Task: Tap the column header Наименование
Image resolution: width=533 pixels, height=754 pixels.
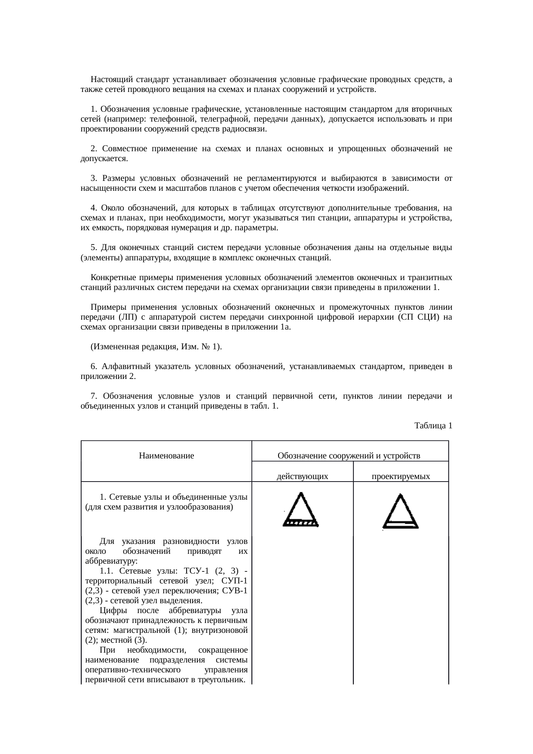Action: [x=166, y=455]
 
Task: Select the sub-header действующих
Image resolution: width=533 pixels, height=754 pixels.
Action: [x=302, y=476]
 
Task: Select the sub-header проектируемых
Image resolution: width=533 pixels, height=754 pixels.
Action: [x=401, y=476]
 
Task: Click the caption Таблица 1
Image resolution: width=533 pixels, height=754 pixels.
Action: [x=433, y=426]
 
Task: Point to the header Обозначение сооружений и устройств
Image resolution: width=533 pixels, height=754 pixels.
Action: [x=349, y=455]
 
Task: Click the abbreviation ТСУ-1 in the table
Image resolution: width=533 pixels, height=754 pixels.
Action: [x=198, y=571]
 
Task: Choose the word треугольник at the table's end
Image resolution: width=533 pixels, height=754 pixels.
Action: [x=225, y=680]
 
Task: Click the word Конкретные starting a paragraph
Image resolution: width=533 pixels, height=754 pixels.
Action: [x=111, y=278]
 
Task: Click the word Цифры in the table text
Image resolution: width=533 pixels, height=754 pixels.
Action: [x=110, y=611]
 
